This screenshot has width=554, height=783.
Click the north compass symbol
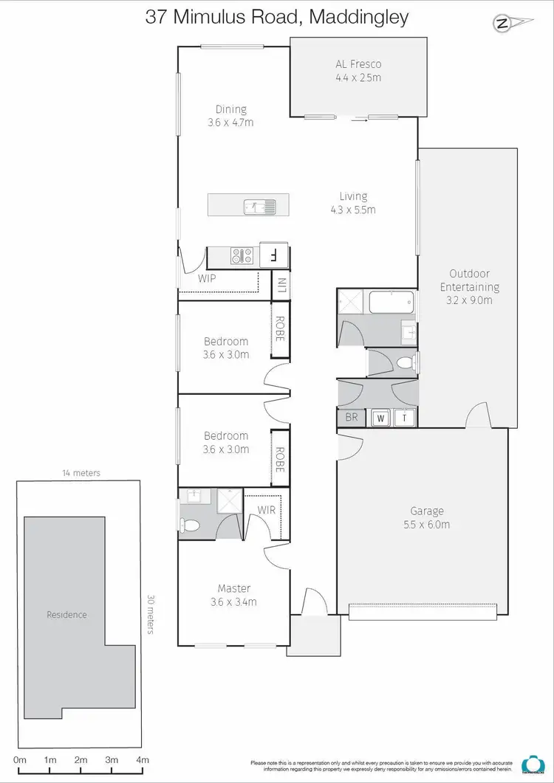tap(503, 24)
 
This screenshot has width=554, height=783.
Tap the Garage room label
tap(427, 511)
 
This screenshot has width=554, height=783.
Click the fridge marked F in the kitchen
tap(273, 256)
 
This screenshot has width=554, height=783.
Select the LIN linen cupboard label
tap(281, 286)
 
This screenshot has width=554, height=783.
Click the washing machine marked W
tap(381, 418)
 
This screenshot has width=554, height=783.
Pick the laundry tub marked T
tap(404, 418)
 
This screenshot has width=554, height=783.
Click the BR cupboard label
tap(352, 418)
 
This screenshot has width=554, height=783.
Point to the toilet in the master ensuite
tap(190, 525)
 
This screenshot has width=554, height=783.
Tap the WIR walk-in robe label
tap(267, 510)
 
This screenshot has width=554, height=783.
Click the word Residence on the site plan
tap(66, 615)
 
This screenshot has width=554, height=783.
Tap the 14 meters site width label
tap(81, 473)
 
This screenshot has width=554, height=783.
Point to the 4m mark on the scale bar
tap(143, 759)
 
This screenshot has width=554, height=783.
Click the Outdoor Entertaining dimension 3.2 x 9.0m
tap(469, 300)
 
